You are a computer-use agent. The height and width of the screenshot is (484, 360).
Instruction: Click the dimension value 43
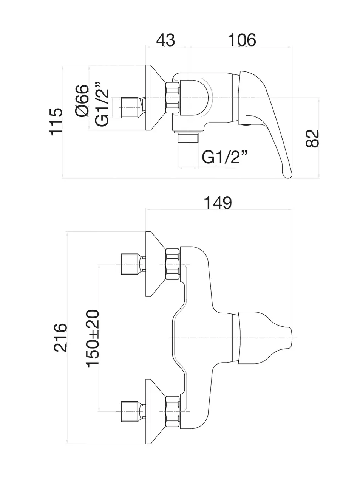click(165, 40)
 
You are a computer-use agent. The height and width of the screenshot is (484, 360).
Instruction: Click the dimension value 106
click(242, 40)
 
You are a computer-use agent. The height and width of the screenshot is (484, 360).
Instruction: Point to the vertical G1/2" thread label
click(102, 104)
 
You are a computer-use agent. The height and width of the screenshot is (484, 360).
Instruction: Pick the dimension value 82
click(312, 138)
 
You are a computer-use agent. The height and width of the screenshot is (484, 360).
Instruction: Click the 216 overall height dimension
click(60, 337)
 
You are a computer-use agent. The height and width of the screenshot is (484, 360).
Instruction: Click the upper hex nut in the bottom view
click(172, 264)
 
